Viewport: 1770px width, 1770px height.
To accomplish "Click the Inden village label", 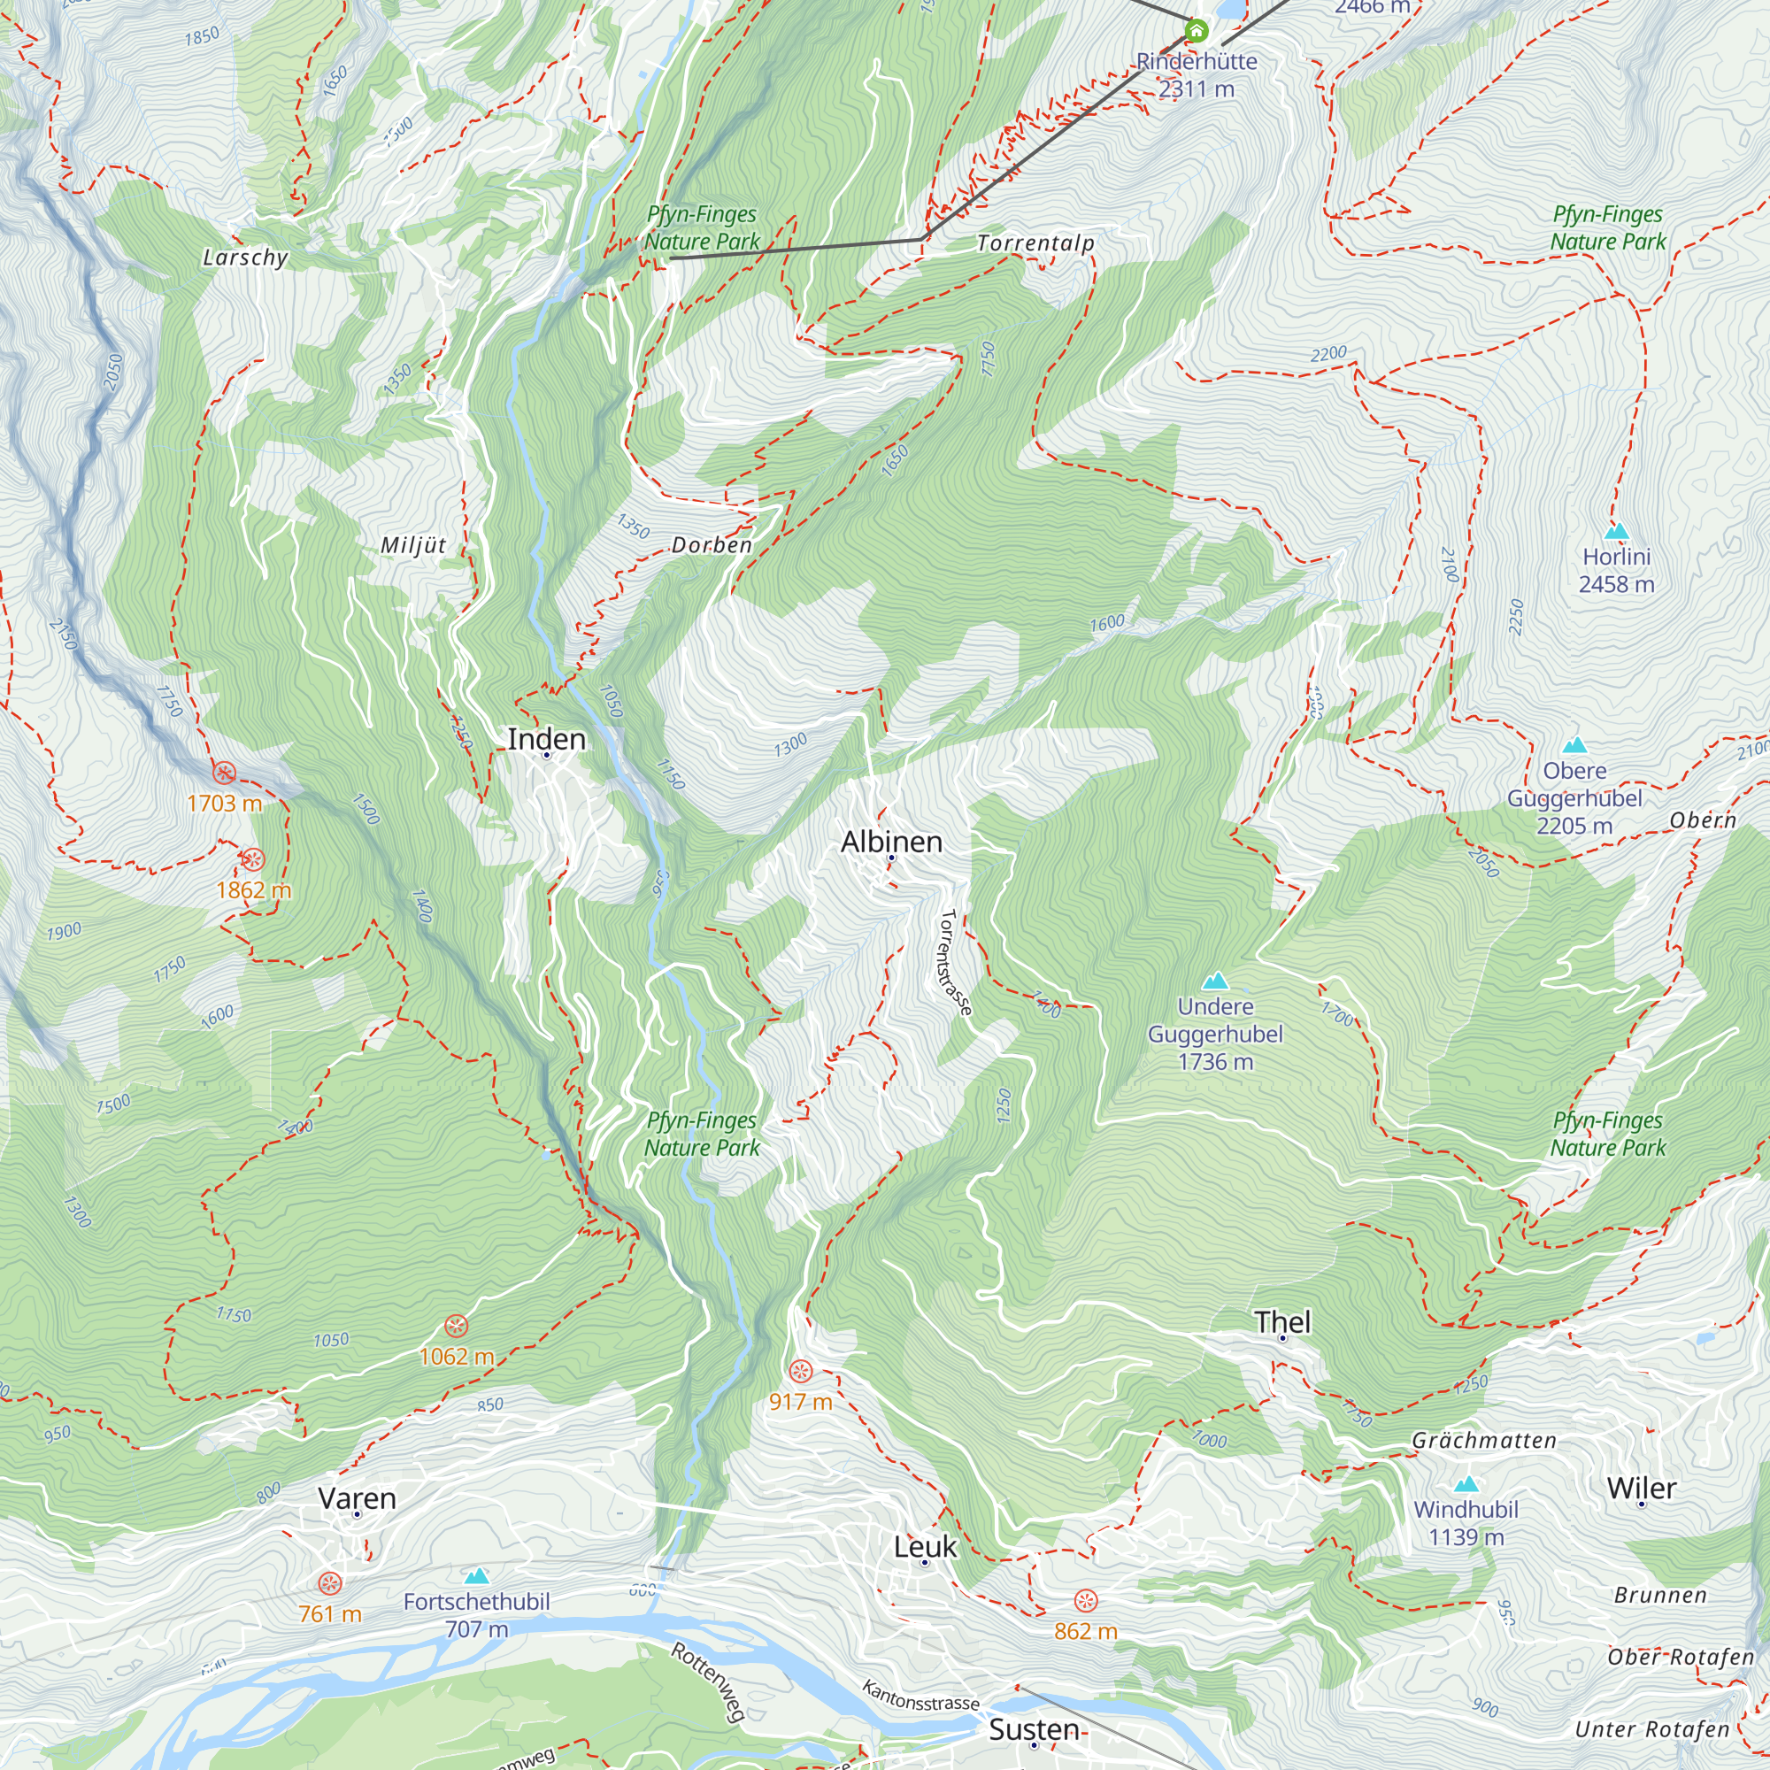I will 546,738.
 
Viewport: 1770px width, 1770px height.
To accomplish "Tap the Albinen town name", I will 890,841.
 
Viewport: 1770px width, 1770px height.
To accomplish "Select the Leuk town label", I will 925,1546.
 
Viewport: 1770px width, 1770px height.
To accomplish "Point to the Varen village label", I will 357,1498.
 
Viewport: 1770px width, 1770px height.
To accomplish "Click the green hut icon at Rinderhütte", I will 1196,31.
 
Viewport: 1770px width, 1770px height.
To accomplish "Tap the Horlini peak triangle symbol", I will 1616,531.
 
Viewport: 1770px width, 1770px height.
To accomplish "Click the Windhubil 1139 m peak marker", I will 1466,1484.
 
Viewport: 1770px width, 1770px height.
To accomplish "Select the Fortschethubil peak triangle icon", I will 475,1576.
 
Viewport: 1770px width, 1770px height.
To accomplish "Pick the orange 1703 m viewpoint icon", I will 225,773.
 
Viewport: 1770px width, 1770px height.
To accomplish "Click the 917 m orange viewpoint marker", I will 800,1372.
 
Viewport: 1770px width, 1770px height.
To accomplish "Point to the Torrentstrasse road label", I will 954,961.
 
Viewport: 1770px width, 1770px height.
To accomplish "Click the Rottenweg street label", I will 707,1681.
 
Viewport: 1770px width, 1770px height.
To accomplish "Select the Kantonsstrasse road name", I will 920,1696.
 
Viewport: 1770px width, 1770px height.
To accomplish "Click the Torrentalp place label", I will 1035,243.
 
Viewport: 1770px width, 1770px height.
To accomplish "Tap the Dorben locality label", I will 711,545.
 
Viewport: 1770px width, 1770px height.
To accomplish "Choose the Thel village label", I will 1281,1321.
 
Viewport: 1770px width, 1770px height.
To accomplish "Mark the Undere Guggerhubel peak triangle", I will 1215,981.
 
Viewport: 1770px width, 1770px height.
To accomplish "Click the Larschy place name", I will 244,258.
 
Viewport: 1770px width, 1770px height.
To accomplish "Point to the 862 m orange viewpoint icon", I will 1085,1600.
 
